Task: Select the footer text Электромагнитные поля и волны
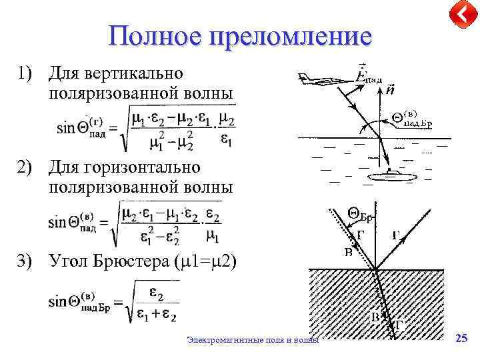pyautogui.click(x=253, y=340)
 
